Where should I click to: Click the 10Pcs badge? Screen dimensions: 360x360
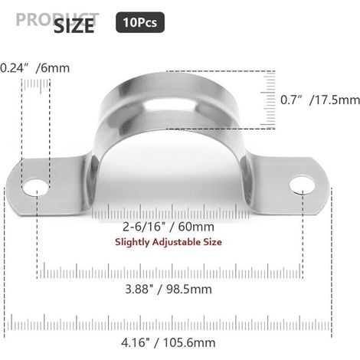coord(140,22)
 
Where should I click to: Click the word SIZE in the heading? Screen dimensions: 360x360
coord(74,26)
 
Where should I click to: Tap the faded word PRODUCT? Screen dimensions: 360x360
coord(57,19)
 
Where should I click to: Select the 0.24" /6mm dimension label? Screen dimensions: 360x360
coord(34,68)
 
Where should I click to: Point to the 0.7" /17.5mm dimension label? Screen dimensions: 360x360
coord(320,100)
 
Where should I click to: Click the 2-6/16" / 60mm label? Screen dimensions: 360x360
coord(169,227)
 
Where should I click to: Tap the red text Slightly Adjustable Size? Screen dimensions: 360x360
coord(169,242)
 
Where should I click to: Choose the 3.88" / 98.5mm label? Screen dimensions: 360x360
coord(169,290)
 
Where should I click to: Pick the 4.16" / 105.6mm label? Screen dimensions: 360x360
coord(169,342)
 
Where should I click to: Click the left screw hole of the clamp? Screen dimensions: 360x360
coord(35,188)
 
